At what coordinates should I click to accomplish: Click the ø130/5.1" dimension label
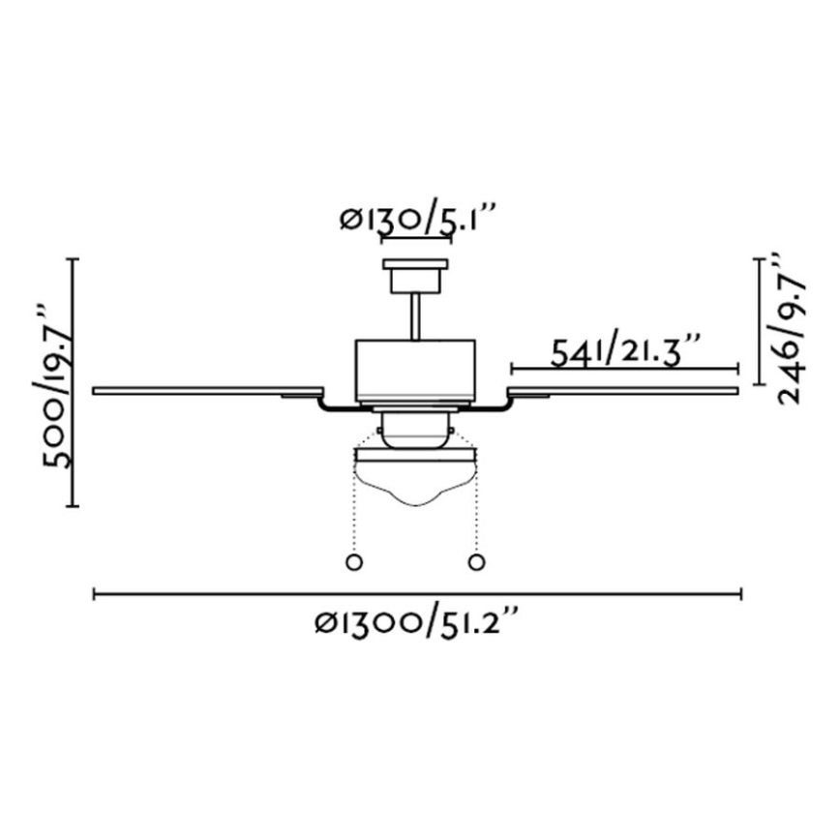pyautogui.click(x=416, y=219)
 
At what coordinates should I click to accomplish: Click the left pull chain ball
pyautogui.click(x=354, y=562)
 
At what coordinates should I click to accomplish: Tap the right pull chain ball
pyautogui.click(x=476, y=562)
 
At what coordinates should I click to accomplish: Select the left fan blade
pyautogui.click(x=208, y=391)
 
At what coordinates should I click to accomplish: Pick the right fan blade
pyautogui.click(x=622, y=391)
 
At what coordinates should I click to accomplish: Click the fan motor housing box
pyautogui.click(x=416, y=371)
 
